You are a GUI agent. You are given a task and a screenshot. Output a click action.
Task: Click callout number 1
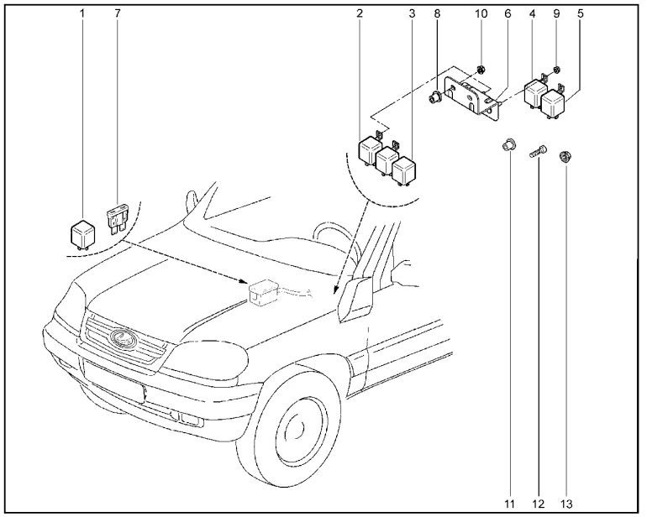[x=82, y=14]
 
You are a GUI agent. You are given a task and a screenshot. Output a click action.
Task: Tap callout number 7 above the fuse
[x=116, y=14]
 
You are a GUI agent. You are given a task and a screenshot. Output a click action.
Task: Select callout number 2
[x=360, y=14]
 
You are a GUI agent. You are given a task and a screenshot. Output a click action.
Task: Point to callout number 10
[x=481, y=14]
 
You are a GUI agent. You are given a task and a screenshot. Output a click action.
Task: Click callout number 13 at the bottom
[x=565, y=503]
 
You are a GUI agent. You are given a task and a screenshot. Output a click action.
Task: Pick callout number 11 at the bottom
[x=509, y=503]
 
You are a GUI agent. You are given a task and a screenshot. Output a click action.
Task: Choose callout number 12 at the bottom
[x=538, y=503]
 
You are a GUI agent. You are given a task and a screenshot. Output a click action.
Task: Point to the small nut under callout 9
[x=557, y=68]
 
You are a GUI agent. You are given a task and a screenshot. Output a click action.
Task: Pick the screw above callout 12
[x=539, y=153]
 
